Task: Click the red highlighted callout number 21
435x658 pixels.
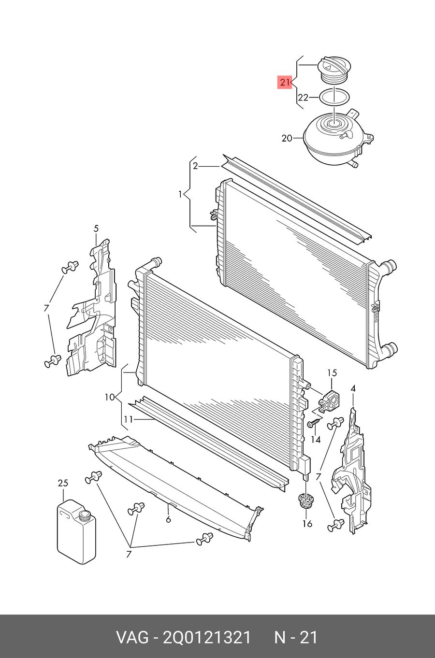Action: [x=285, y=82]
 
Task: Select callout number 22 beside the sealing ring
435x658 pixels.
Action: [x=303, y=97]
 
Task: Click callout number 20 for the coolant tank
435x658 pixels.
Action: [x=287, y=138]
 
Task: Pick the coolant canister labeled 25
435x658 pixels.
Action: [x=76, y=532]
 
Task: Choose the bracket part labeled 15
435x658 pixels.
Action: [x=329, y=401]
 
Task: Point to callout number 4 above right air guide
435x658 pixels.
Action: [x=353, y=388]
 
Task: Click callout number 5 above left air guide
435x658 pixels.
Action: [x=96, y=229]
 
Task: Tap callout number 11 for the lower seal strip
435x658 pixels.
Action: [x=128, y=420]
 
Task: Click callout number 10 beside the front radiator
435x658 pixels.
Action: [x=109, y=398]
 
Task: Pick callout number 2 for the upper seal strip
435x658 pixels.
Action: [x=195, y=166]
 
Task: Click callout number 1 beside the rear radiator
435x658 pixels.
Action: [x=180, y=195]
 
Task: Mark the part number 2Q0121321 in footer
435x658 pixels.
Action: [x=206, y=637]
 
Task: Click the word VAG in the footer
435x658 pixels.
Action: [x=132, y=637]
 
